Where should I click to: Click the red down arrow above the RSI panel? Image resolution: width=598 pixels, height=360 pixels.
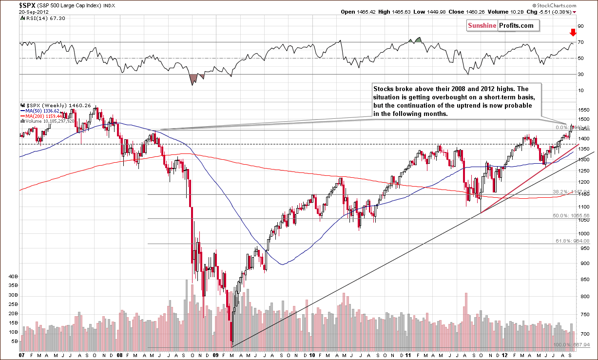tap(573, 33)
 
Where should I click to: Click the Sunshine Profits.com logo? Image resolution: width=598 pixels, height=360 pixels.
tap(502, 26)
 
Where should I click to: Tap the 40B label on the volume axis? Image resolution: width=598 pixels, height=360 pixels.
tap(13, 276)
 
